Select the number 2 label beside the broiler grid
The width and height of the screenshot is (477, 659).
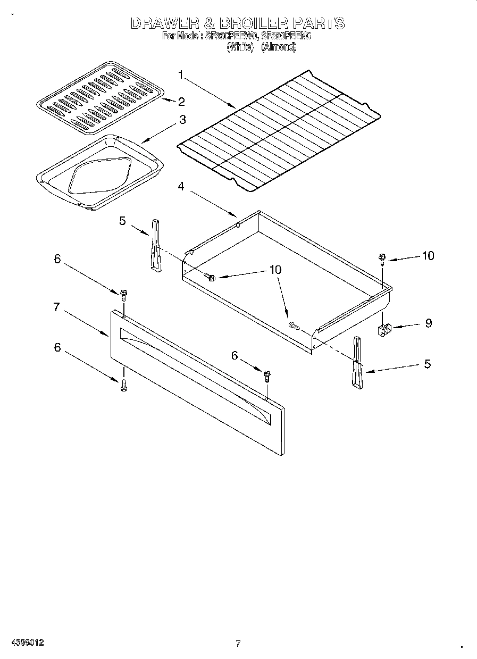tap(181, 101)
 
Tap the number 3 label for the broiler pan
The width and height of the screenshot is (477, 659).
tap(182, 120)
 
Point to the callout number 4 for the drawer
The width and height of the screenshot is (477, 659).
tap(181, 187)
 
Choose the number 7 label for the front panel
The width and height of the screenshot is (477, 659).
tap(56, 307)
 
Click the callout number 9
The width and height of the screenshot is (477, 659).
tap(428, 323)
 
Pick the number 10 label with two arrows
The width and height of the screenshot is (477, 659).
tap(275, 270)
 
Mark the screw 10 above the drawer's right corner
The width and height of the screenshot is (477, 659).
tap(382, 258)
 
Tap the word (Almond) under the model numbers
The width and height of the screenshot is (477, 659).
tap(278, 47)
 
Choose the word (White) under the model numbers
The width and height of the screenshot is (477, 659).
tap(239, 47)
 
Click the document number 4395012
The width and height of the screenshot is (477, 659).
tap(26, 643)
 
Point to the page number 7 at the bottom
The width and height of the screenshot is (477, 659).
tap(238, 644)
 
